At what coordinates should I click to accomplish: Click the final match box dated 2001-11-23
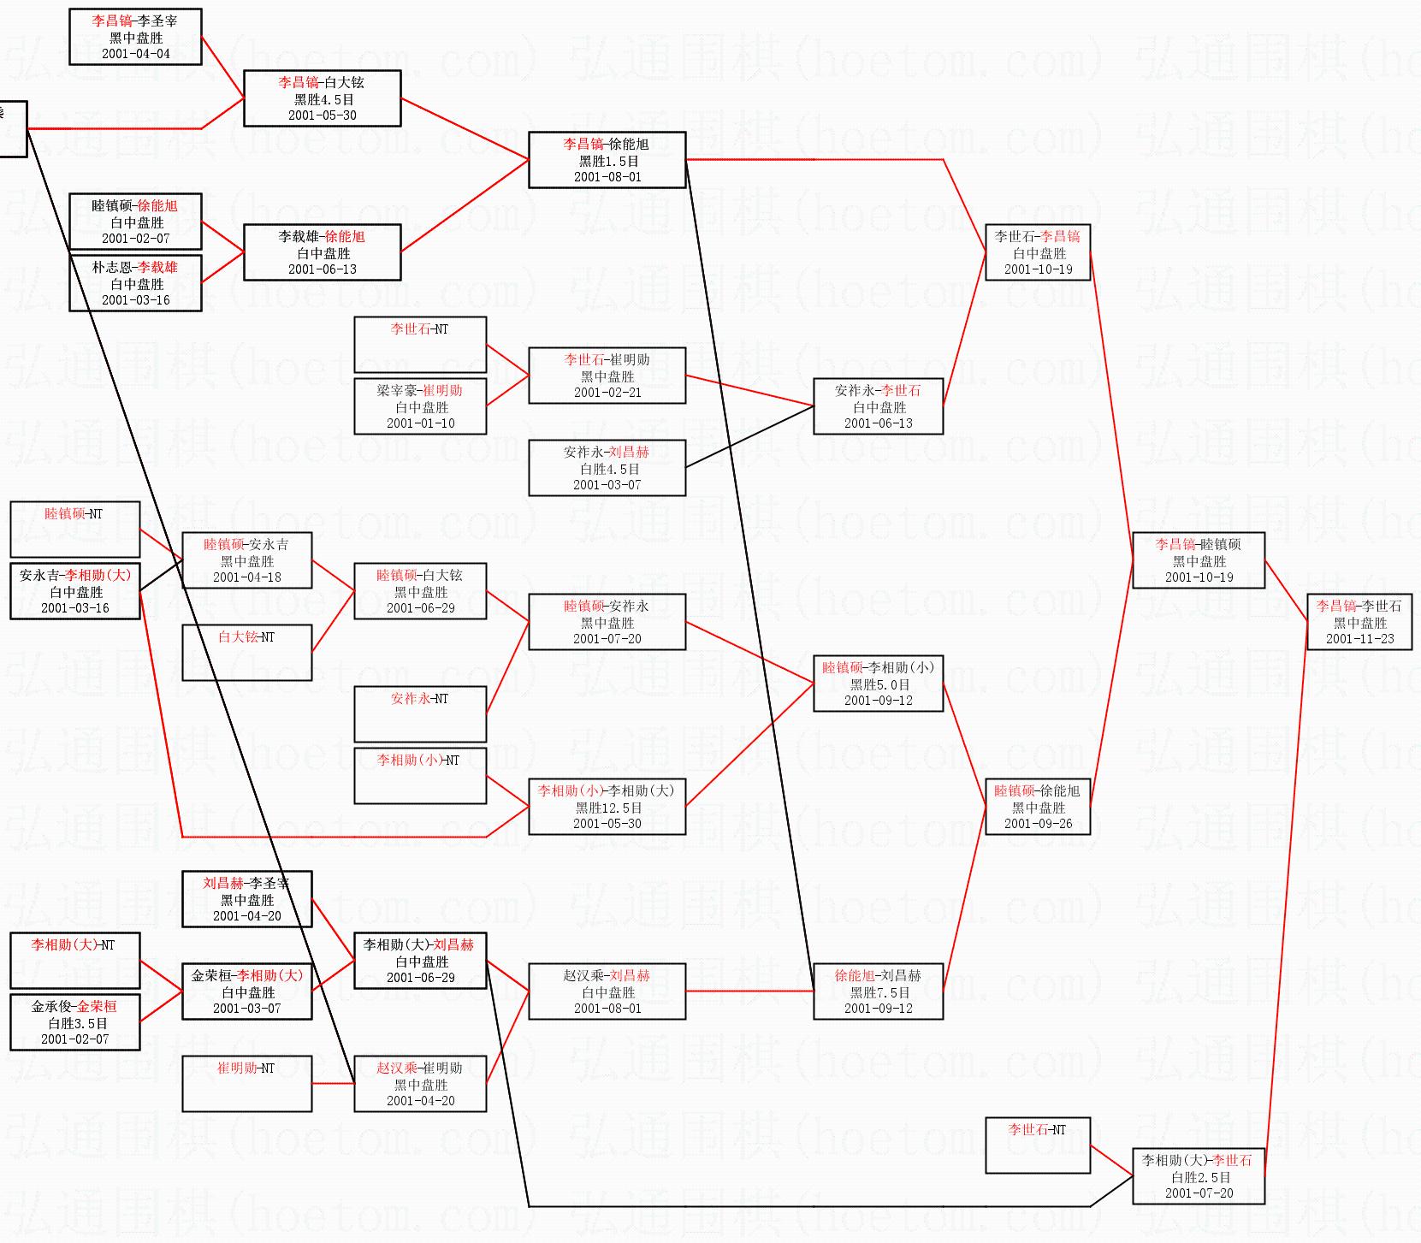[1359, 622]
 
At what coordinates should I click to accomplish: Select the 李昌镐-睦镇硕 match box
[1198, 560]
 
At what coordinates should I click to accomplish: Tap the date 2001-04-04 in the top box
[135, 54]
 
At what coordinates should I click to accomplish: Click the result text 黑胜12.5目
[607, 808]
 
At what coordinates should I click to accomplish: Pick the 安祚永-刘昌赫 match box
[607, 468]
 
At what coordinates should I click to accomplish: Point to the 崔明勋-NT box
[246, 1083]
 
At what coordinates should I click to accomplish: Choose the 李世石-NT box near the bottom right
[1037, 1145]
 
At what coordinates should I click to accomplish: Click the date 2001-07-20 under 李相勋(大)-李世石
[1199, 1193]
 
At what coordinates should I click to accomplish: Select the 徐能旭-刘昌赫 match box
[878, 991]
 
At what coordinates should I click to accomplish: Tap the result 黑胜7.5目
[878, 992]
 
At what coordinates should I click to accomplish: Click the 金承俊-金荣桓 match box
[74, 1022]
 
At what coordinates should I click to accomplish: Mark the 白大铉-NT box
[246, 652]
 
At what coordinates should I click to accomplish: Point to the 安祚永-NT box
[420, 713]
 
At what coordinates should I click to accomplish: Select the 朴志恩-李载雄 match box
[135, 283]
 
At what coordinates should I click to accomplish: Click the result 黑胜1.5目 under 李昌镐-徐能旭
[607, 161]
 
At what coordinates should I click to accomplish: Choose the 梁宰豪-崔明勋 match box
[420, 406]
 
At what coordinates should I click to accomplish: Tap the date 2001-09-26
[1038, 824]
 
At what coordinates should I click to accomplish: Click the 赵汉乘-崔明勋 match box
[420, 1084]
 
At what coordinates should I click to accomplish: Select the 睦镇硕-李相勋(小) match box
[878, 684]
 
